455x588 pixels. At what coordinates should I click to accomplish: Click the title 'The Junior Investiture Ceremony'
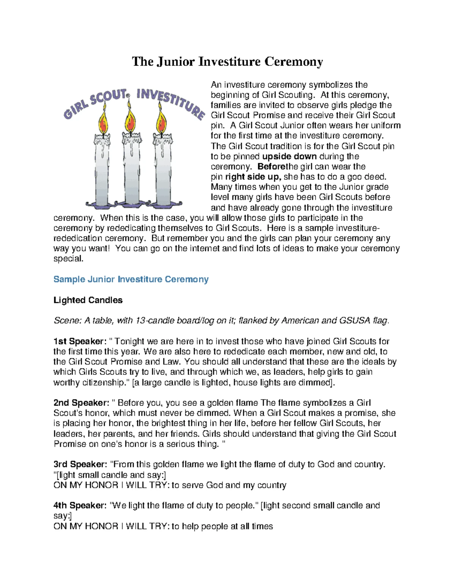227,61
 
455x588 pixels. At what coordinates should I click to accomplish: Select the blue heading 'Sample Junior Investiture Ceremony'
131,279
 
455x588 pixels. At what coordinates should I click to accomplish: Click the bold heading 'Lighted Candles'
88,300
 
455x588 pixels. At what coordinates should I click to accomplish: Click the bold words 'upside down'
289,156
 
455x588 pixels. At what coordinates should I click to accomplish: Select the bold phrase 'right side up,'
253,177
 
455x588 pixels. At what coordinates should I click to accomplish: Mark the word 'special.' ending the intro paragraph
68,259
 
